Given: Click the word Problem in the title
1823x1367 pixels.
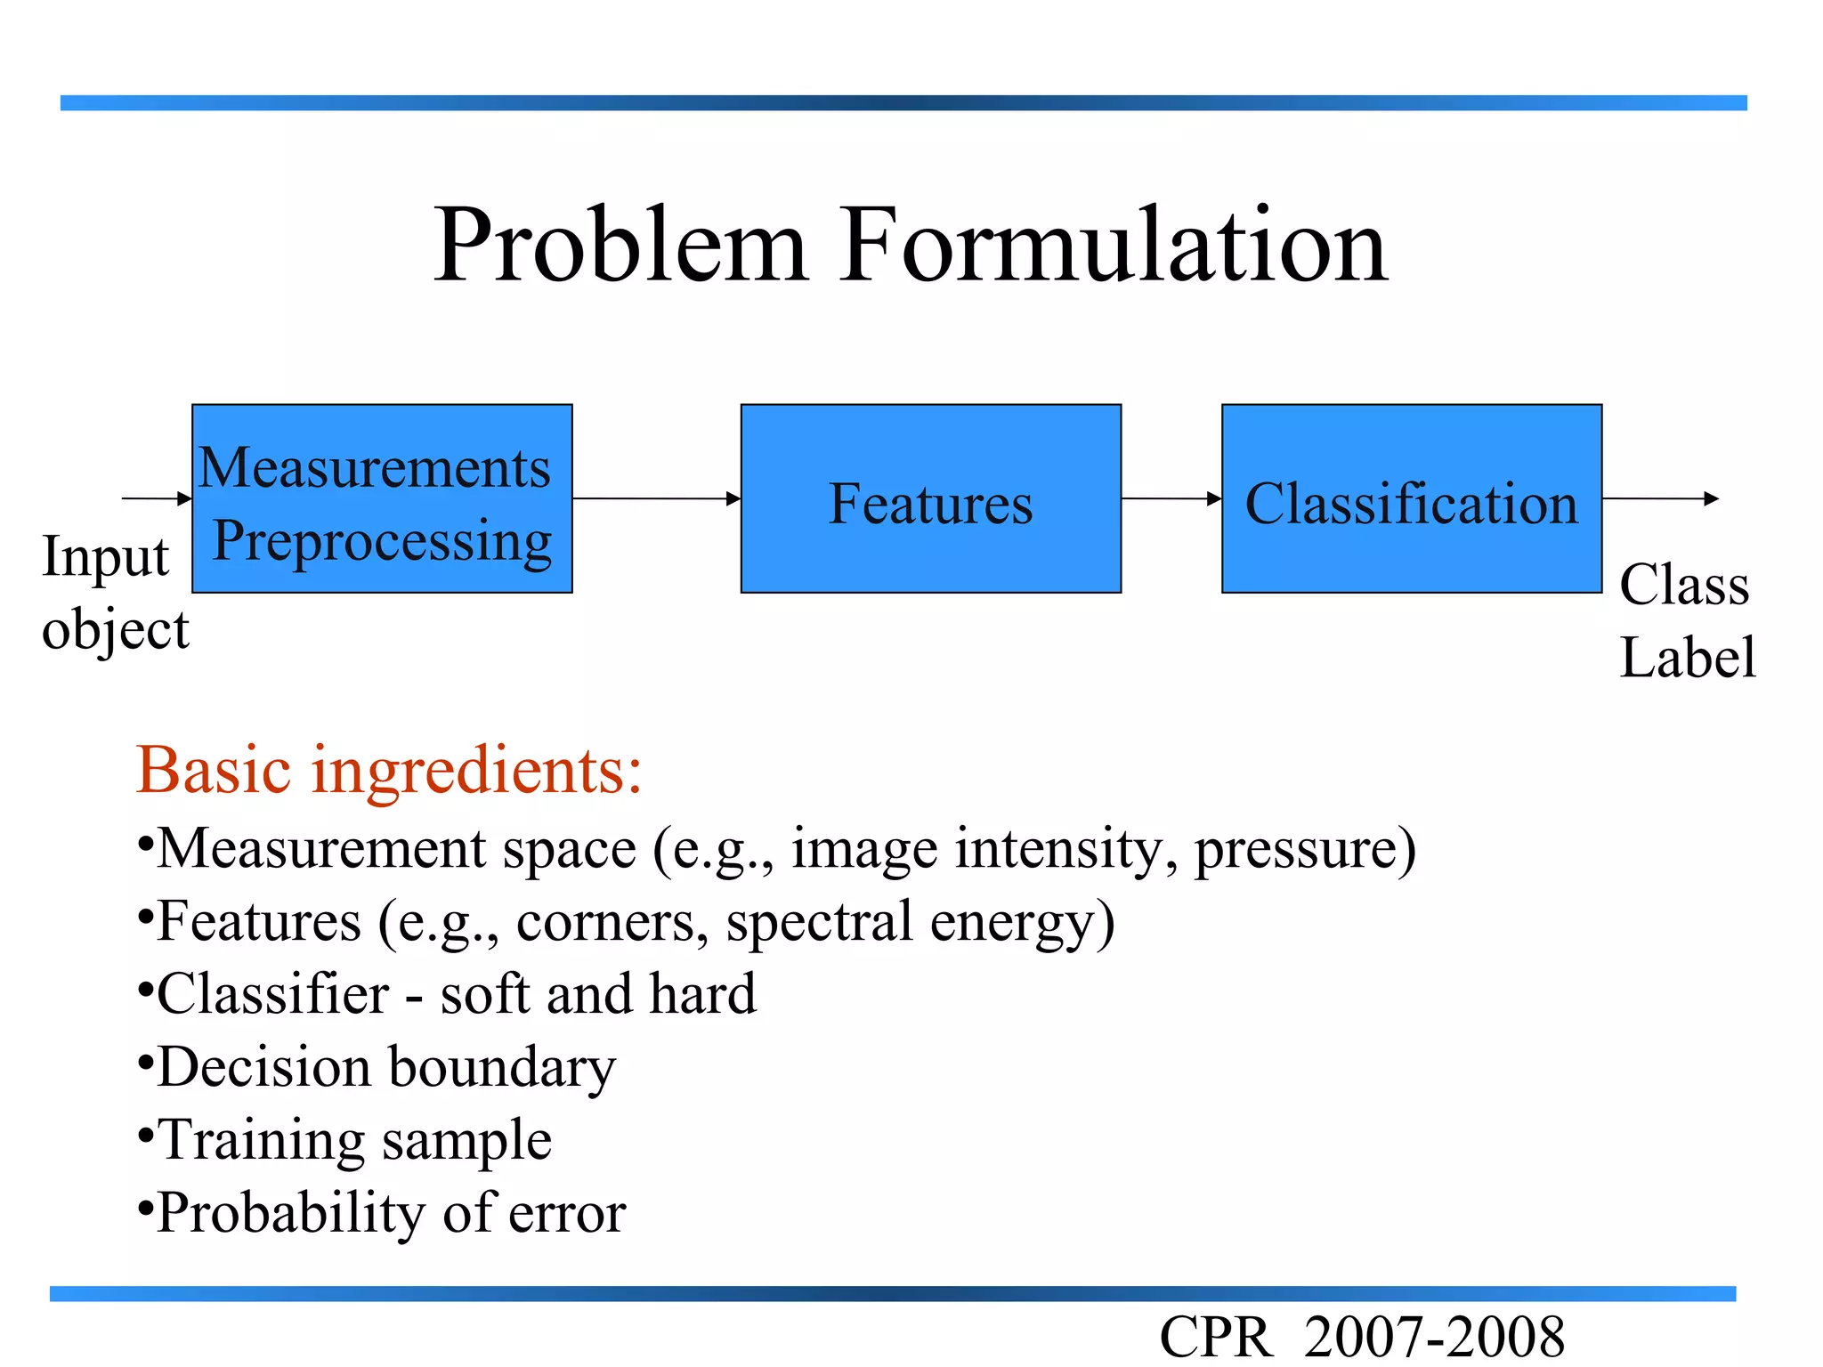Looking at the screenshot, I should tap(620, 247).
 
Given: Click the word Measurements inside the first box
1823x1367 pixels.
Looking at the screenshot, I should tap(375, 467).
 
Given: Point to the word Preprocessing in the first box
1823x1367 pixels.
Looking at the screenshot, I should tap(382, 540).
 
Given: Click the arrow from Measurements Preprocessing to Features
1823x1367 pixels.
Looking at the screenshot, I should tap(656, 498).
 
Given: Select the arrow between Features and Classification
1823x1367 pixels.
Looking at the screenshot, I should tap(1171, 498).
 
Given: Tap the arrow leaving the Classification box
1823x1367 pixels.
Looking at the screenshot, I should tap(1659, 498).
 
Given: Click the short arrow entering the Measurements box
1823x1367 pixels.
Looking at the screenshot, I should tap(157, 498).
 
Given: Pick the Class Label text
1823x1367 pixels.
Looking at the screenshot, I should tap(1686, 620).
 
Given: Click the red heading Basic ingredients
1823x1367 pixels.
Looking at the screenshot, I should tap(389, 770).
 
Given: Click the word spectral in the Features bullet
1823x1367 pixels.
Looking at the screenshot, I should tap(819, 921).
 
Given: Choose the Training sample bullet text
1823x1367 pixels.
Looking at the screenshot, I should tap(354, 1140).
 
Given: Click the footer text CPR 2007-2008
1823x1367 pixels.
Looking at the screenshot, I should tap(1361, 1338).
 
